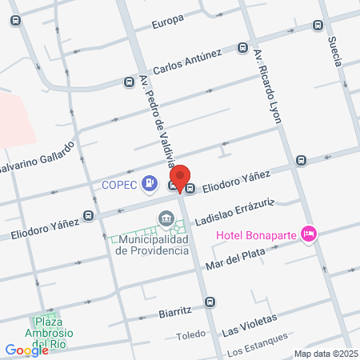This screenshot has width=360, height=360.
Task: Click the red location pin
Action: (x=181, y=178)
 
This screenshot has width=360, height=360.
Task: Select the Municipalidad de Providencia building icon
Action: (x=166, y=218)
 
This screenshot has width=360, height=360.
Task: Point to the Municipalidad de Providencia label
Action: (x=152, y=244)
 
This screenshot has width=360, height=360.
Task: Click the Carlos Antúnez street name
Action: (x=187, y=61)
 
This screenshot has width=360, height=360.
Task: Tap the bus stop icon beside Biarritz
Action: (x=210, y=302)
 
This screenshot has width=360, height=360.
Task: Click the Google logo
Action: (x=26, y=350)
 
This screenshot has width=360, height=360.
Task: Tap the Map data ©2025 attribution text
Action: (x=324, y=354)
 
